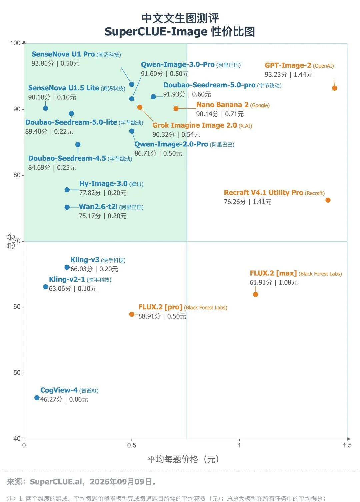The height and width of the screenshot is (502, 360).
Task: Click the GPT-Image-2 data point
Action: tap(334, 88)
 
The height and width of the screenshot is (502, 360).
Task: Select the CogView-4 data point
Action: tap(37, 398)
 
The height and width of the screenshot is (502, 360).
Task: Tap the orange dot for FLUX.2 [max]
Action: tap(255, 294)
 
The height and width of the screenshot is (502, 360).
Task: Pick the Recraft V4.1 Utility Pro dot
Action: tap(328, 200)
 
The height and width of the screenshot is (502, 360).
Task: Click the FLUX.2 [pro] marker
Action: tap(132, 314)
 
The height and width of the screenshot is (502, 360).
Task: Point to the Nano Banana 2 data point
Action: tap(176, 109)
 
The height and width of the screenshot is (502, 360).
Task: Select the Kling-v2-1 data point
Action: tap(46, 287)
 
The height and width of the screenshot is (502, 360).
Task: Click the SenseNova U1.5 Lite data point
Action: tap(46, 108)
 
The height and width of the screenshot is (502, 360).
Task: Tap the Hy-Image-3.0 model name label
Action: tap(103, 184)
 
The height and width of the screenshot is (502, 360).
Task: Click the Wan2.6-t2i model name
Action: tap(98, 207)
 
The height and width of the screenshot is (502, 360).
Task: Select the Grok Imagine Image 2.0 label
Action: tap(194, 125)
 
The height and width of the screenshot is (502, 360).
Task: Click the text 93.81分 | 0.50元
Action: tap(55, 63)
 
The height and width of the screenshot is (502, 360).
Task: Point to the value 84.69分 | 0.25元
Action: tap(52, 168)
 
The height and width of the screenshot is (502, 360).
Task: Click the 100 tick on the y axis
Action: tap(15, 43)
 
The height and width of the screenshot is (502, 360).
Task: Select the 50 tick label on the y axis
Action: tap(17, 373)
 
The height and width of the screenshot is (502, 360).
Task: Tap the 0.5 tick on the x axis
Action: tap(131, 445)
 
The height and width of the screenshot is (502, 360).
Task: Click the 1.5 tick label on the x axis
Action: tap(347, 445)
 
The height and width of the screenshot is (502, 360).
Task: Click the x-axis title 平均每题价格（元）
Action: tap(183, 459)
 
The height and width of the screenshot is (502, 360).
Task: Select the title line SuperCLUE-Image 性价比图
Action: tap(180, 32)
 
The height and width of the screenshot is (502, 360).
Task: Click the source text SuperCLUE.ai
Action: tap(56, 482)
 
